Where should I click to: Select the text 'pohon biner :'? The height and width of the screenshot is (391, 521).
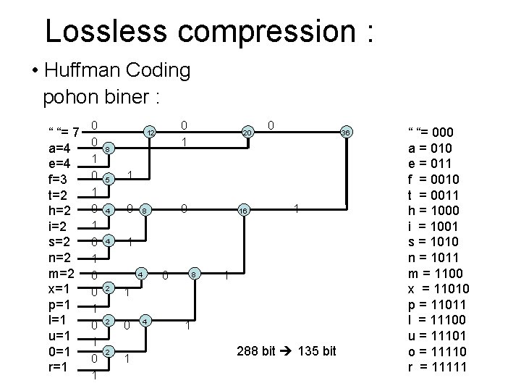click(x=101, y=95)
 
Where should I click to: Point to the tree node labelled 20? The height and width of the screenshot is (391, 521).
click(x=247, y=133)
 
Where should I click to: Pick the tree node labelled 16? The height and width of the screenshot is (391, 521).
click(x=244, y=211)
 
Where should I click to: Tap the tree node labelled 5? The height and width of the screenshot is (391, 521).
click(x=107, y=179)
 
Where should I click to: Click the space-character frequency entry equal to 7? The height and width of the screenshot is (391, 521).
click(x=63, y=133)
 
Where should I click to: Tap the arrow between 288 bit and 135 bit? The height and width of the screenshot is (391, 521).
click(x=287, y=351)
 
